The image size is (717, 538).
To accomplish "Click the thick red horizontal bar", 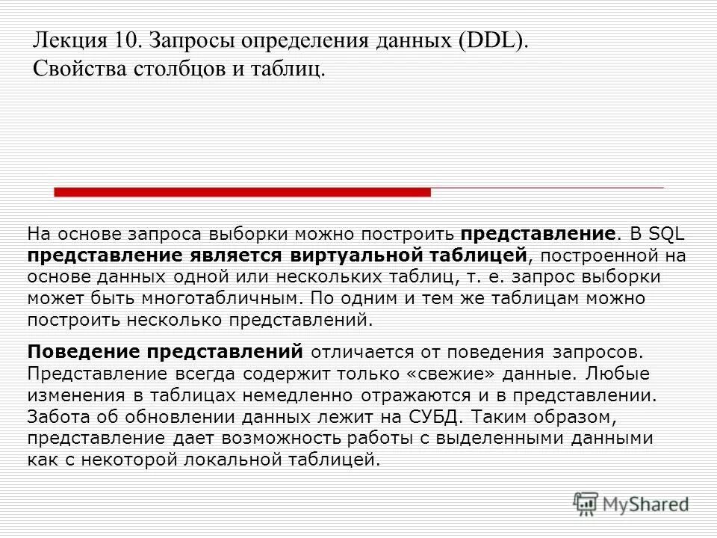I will coord(242,192).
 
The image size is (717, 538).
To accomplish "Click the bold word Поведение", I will coord(81,351).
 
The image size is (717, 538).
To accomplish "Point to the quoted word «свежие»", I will coord(460,373).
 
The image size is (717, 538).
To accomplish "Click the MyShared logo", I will coord(631,504).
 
